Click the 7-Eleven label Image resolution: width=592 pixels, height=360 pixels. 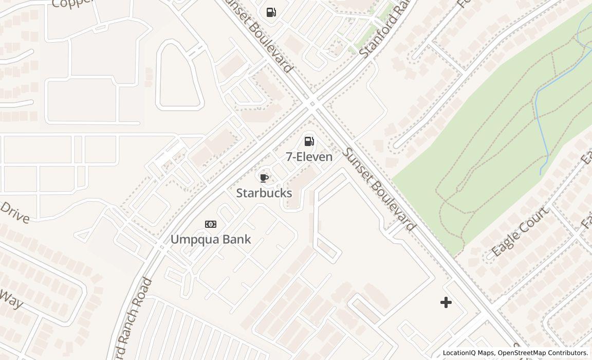(309, 157)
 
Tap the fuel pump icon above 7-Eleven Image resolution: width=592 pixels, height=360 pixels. (309, 141)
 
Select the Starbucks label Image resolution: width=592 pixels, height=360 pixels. (264, 193)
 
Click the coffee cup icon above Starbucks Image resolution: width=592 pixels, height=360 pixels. (264, 178)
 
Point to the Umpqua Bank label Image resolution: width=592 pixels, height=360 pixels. (211, 239)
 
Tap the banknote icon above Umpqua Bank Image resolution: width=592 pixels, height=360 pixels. (211, 224)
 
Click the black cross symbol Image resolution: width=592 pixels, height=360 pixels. (446, 302)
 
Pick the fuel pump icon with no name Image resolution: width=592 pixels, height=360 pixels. (271, 12)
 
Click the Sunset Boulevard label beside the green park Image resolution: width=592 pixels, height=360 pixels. (379, 189)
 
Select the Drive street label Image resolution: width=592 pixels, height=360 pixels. (14, 212)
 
